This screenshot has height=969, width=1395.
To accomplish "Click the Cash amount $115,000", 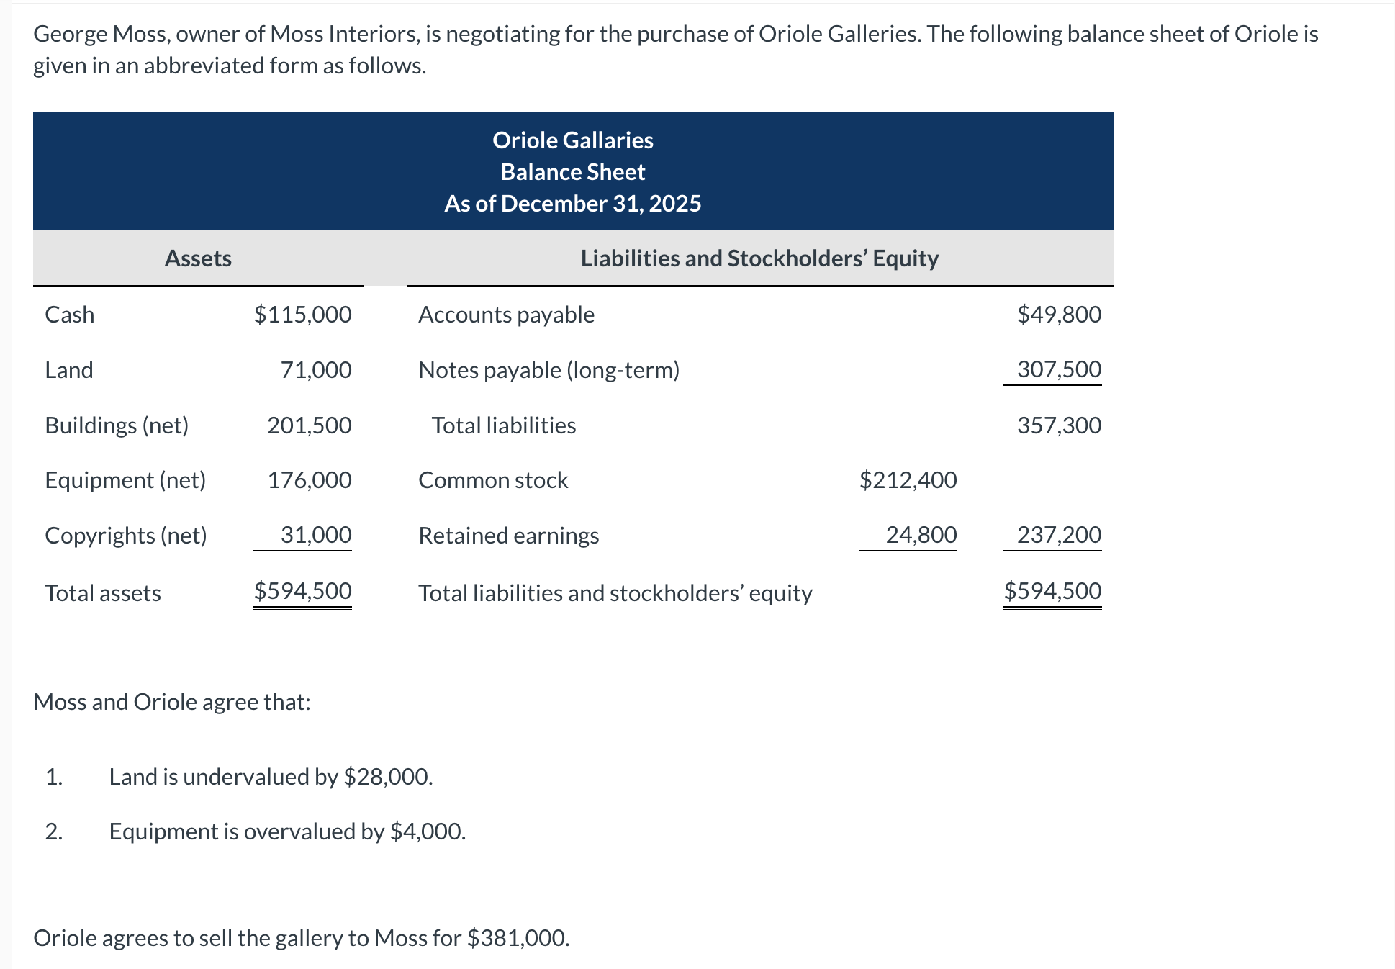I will (302, 315).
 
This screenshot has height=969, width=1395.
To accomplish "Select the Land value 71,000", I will (315, 370).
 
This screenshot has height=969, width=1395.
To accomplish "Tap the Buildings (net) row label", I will (117, 425).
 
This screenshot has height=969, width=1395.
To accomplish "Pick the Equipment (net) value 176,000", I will (309, 480).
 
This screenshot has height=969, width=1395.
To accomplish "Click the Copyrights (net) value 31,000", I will (315, 535).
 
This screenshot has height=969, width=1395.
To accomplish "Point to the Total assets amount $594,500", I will (302, 591).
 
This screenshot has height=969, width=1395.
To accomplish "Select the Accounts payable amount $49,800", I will (1059, 315).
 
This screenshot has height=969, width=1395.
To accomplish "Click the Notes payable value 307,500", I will (1059, 369).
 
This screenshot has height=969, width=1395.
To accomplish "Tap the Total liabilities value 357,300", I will (1059, 425).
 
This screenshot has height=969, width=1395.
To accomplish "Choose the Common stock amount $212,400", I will (908, 480).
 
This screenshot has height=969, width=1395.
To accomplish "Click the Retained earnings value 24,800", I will (921, 535).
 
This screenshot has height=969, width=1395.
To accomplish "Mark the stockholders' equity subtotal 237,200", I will (1059, 535).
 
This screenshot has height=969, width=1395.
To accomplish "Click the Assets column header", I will (198, 258).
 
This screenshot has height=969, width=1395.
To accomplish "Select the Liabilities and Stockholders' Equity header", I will (759, 258).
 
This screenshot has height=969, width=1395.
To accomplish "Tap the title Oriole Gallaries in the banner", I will (573, 140).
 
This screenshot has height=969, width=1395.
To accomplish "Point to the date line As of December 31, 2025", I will (573, 204).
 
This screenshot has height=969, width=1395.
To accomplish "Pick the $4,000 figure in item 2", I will (427, 831).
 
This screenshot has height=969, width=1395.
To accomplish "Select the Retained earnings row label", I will (508, 536).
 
